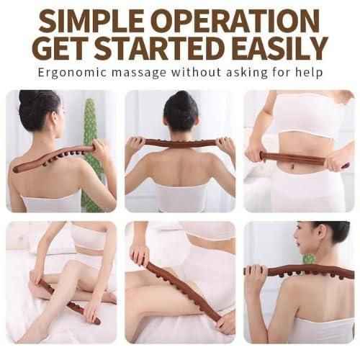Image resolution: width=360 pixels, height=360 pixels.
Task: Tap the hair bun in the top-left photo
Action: (x=29, y=98)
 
